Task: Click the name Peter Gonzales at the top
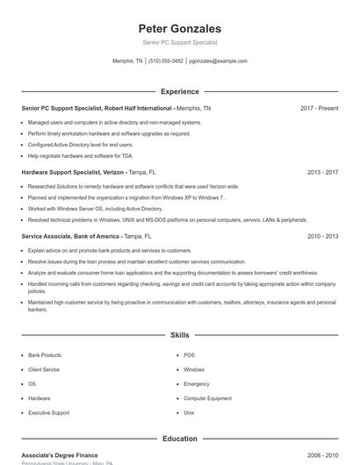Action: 180,28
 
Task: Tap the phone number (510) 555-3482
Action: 166,61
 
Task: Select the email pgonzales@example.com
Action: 218,61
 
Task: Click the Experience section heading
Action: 180,91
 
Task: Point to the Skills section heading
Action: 180,335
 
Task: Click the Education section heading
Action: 180,439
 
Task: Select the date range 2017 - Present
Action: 319,108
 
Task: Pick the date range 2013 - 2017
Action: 322,172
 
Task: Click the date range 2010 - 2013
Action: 322,236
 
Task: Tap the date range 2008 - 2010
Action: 322,455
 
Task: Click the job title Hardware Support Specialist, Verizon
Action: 73,172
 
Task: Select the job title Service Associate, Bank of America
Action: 70,236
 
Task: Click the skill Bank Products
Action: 45,355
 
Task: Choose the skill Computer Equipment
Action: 207,398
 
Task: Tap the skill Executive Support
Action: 48,412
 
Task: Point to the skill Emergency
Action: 197,384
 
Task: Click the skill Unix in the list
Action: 189,412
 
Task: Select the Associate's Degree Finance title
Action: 60,455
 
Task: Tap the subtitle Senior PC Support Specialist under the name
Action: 180,42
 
